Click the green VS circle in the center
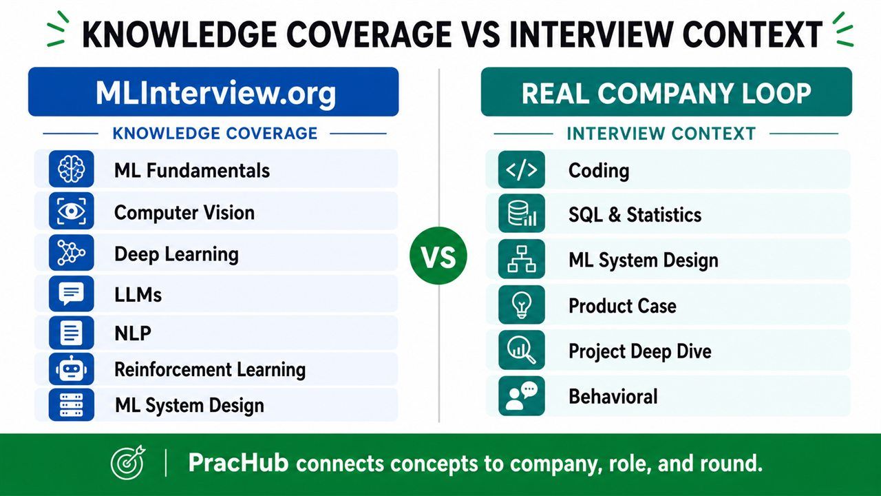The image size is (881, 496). [x=438, y=256]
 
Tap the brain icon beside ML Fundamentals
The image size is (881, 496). [x=71, y=169]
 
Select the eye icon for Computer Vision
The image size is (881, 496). [x=71, y=211]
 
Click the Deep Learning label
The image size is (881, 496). [x=177, y=254]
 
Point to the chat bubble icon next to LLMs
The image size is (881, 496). [x=71, y=293]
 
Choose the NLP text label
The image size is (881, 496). [x=133, y=333]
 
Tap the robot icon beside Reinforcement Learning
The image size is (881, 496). [x=71, y=369]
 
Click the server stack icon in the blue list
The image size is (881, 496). [x=71, y=404]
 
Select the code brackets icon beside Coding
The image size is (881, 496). [x=522, y=169]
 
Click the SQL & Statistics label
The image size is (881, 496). [x=635, y=214]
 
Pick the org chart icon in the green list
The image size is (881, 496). [x=522, y=259]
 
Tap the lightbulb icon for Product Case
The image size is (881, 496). [x=522, y=304]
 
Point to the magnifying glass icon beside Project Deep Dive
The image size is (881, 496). [x=522, y=350]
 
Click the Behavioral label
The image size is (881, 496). [x=613, y=396]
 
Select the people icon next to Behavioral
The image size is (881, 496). [x=522, y=396]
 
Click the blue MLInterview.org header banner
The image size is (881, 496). [x=213, y=92]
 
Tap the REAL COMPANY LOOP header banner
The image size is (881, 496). [x=666, y=92]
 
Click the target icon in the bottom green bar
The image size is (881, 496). [x=128, y=462]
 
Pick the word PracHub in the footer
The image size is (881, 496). [x=238, y=462]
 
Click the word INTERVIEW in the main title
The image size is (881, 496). [x=591, y=34]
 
